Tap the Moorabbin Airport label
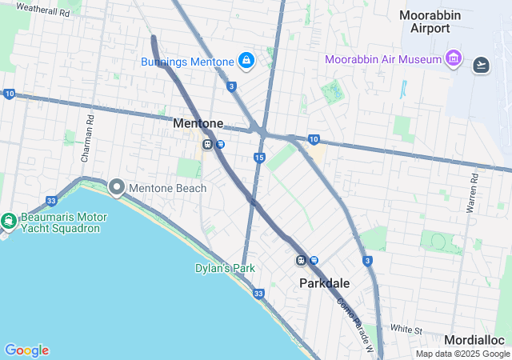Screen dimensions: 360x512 (430, 22)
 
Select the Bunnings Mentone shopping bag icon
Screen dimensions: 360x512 (246, 61)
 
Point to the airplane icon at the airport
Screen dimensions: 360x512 (481, 65)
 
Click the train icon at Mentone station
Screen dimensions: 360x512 (207, 145)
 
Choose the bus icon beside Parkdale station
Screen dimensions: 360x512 (314, 260)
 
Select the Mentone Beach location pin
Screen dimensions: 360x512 (116, 188)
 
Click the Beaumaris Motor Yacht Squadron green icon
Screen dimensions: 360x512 (8, 221)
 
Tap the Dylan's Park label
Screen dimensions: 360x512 (225, 268)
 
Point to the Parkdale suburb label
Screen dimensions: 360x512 (325, 283)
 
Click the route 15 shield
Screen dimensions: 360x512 (259, 158)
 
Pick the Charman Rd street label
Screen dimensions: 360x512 (90, 130)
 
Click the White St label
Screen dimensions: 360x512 (406, 329)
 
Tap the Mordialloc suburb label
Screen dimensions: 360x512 (477, 340)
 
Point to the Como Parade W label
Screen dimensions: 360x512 (354, 315)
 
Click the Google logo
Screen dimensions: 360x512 (26, 350)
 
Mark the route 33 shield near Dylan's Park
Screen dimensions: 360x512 (258, 294)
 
